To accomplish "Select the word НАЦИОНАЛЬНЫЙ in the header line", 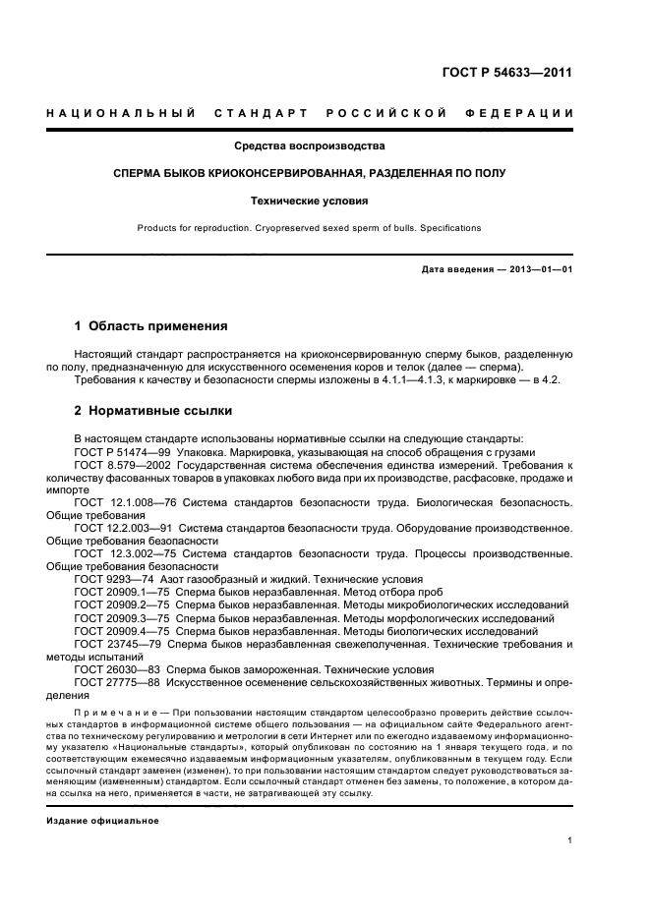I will click(x=121, y=113).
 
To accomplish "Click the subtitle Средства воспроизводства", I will click(x=309, y=146).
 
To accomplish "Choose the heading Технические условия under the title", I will click(x=309, y=201).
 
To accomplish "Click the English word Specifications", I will click(x=449, y=228).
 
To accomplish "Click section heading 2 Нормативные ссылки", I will click(x=153, y=411).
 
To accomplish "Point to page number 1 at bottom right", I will click(x=569, y=840).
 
